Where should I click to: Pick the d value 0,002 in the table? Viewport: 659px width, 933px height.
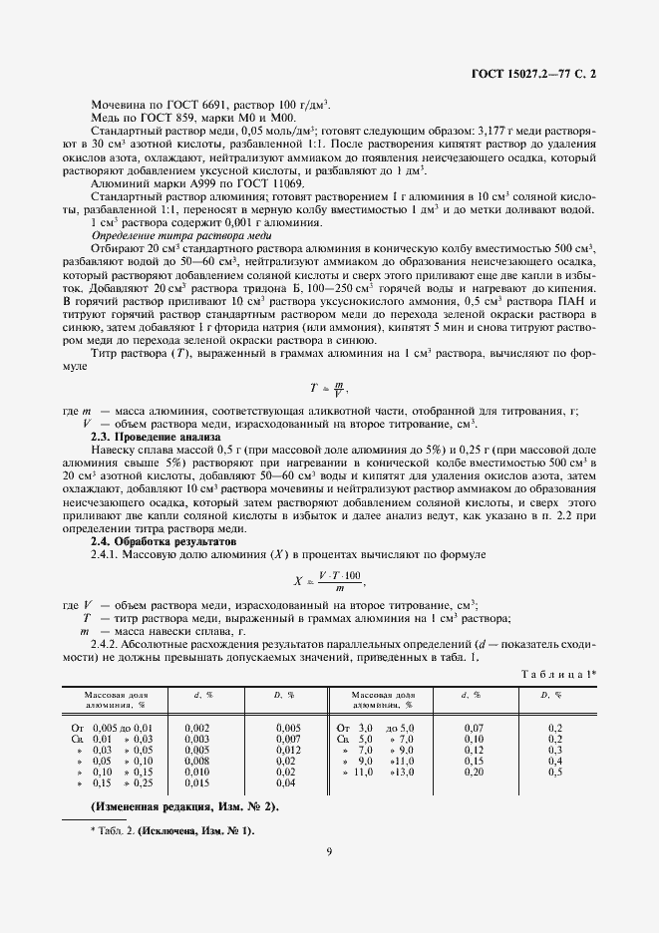pyautogui.click(x=196, y=729)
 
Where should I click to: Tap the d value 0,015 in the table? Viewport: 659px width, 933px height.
pyautogui.click(x=196, y=782)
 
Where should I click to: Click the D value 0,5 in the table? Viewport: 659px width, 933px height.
pyautogui.click(x=555, y=772)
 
